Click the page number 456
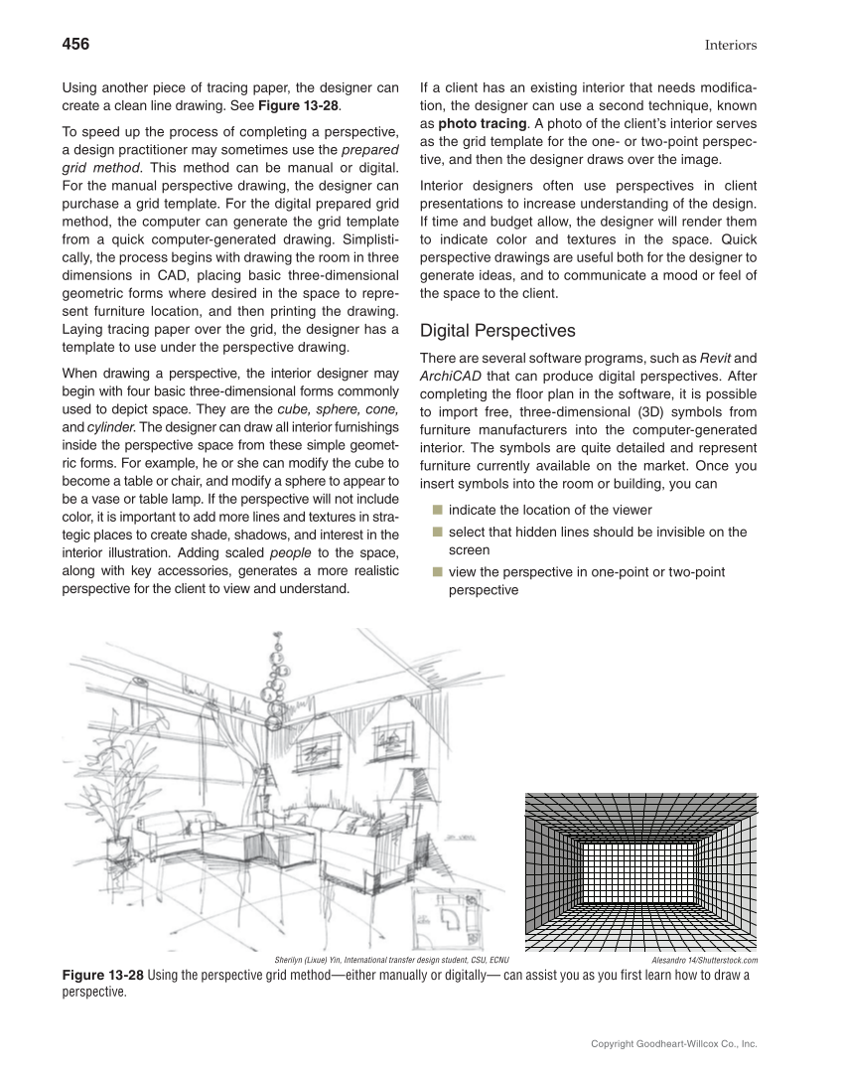75,44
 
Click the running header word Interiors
731,45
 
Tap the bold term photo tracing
483,123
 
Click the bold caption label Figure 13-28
103,975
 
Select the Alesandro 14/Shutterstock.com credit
704,961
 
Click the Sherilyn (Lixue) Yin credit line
391,961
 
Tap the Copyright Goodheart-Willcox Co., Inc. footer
673,1044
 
